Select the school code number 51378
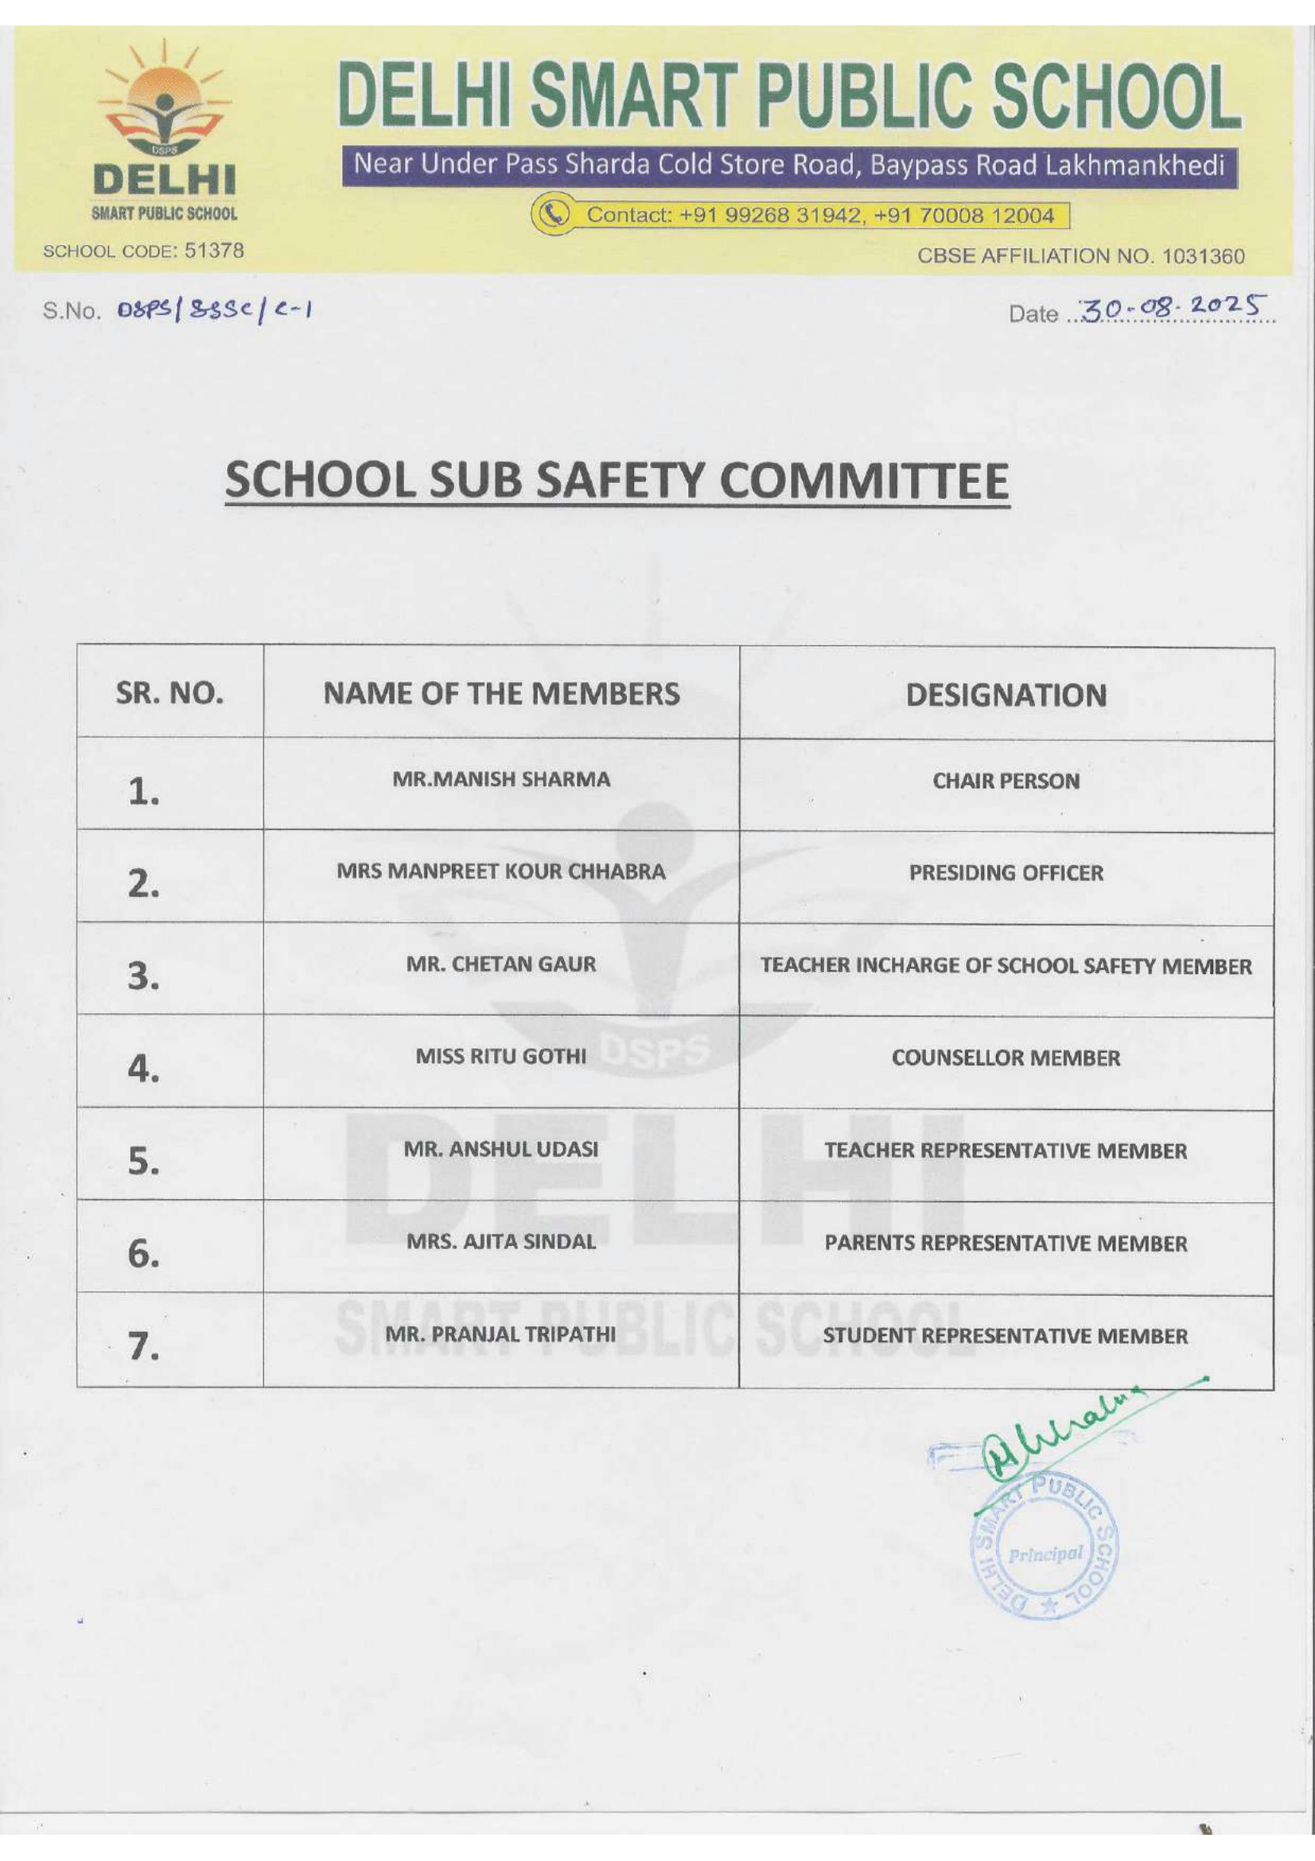tap(214, 251)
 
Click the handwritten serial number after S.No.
tap(215, 310)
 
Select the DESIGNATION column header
tap(1006, 695)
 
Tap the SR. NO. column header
tap(169, 693)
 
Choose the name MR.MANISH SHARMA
tap(500, 779)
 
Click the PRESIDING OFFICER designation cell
tap(1006, 873)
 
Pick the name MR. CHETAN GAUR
tap(500, 964)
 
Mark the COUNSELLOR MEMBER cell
tap(1006, 1057)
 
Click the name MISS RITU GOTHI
tap(500, 1056)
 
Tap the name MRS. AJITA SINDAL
tap(500, 1241)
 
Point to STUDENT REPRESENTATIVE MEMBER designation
tap(1006, 1336)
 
